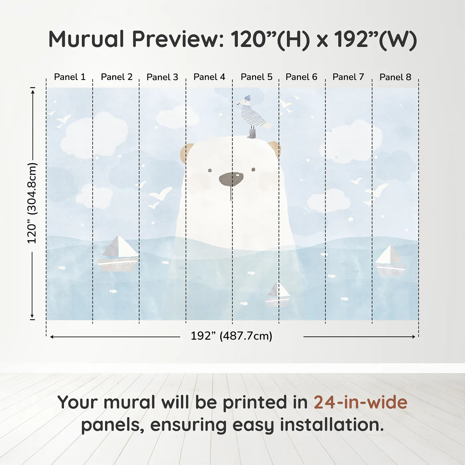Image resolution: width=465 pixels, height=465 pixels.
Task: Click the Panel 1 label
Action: click(70, 77)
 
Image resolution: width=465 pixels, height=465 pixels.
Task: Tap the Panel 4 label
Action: click(209, 77)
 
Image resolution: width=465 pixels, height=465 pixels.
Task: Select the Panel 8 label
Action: click(395, 77)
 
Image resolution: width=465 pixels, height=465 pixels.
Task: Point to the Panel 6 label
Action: click(301, 77)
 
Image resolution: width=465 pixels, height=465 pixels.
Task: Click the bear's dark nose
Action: click(231, 180)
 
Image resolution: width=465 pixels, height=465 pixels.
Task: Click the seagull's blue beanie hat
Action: click(247, 98)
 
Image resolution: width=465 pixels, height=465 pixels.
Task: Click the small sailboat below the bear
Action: click(277, 294)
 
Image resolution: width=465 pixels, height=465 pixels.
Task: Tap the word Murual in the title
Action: click(86, 39)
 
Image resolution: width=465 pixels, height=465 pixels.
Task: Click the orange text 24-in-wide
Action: click(360, 402)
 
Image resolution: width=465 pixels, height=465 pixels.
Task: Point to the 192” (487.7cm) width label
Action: click(232, 336)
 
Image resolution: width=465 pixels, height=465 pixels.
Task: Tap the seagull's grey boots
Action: click(252, 134)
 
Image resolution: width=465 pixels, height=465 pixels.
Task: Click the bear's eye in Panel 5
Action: click(253, 169)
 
